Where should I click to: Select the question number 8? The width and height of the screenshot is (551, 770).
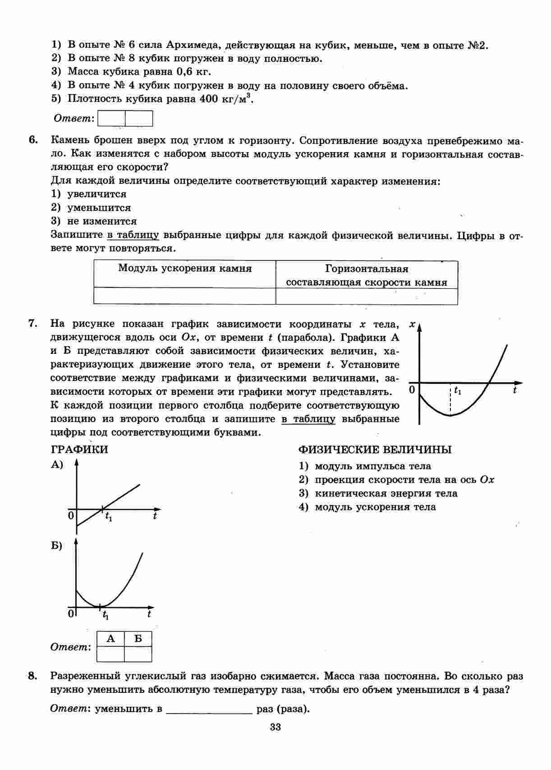point(32,676)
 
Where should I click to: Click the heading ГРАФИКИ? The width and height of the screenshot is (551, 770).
point(79,450)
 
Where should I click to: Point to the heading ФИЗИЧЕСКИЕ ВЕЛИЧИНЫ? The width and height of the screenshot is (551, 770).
point(375,450)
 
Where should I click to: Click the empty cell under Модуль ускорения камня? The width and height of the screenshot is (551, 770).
point(184,296)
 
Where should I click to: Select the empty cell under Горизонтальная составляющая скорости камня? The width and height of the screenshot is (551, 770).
point(367,296)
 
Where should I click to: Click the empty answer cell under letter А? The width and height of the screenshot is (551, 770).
point(110,654)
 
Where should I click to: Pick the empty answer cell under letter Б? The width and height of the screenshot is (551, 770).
point(138,654)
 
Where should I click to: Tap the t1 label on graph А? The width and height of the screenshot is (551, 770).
point(109,517)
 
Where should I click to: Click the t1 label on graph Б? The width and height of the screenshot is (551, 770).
point(106,615)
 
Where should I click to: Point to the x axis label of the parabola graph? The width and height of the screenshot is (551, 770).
point(412,324)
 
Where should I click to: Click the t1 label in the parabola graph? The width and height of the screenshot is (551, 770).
point(458,390)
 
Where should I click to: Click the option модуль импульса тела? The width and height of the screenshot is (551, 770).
point(372,466)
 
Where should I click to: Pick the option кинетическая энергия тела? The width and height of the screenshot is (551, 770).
point(386,493)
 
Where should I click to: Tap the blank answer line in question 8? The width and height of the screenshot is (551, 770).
point(209,709)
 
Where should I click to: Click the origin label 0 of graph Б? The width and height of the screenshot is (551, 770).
point(71,614)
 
